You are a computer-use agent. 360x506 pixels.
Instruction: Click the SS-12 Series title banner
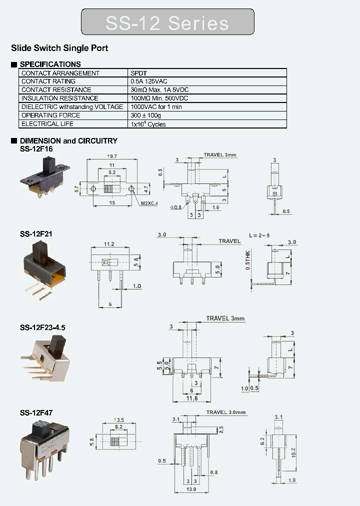(167, 22)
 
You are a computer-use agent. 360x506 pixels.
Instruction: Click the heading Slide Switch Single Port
(59, 48)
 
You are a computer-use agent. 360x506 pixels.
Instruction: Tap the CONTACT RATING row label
(48, 81)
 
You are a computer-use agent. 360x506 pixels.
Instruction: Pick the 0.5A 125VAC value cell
(150, 81)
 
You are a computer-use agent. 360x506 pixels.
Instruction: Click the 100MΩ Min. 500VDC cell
(160, 98)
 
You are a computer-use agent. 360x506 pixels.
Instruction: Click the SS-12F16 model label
(36, 149)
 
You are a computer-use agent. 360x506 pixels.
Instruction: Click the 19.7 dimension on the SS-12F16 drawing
(112, 156)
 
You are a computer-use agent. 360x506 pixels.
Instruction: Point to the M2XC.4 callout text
(149, 203)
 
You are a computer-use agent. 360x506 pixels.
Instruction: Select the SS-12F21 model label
(36, 234)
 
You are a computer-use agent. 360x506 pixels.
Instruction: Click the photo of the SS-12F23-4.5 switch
(46, 356)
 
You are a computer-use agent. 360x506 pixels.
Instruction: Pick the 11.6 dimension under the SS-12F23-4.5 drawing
(192, 398)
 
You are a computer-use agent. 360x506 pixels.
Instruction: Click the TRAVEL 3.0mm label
(226, 412)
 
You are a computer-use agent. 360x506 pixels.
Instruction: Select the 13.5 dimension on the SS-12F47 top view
(119, 420)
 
